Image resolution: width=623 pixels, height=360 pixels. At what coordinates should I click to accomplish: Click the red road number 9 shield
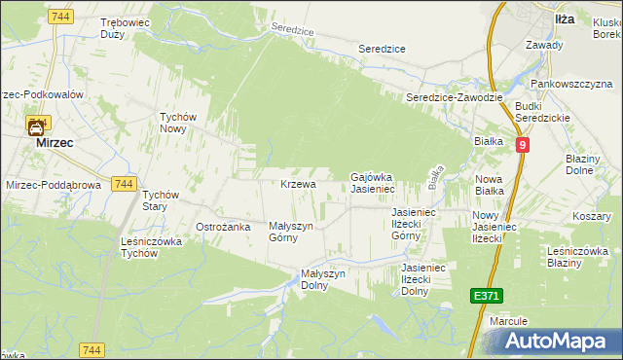coord(523,145)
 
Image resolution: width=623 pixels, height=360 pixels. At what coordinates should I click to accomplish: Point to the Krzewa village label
coord(298,184)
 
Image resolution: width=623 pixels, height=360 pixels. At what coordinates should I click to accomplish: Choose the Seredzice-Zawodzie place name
coord(454,97)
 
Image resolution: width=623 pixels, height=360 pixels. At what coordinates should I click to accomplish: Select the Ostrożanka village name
coord(224,227)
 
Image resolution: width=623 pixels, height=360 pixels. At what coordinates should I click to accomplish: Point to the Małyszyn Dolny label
coord(324,279)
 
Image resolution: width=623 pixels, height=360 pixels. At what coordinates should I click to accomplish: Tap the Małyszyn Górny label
coord(290,231)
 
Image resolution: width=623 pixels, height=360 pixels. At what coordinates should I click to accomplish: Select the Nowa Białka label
coord(495,185)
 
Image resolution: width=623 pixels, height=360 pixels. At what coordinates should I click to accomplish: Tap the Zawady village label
coord(544,45)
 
